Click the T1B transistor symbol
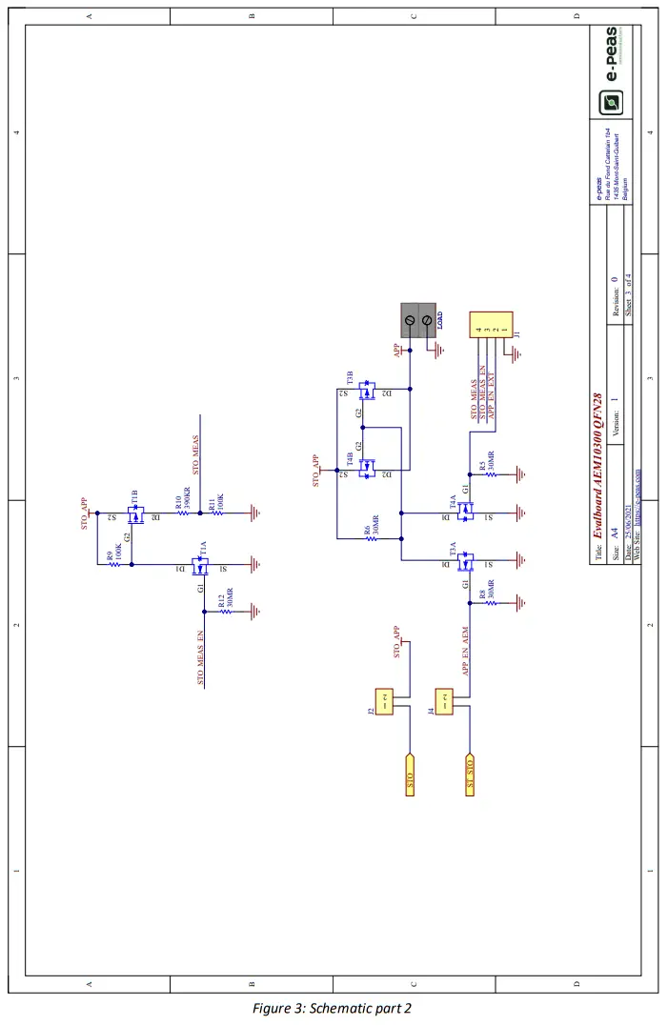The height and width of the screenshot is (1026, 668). (x=136, y=514)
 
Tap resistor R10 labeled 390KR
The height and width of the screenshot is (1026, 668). (x=185, y=513)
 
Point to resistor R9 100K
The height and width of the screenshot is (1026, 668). (x=114, y=564)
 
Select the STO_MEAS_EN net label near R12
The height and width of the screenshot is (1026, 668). (x=201, y=657)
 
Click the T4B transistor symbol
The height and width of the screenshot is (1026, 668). (x=365, y=469)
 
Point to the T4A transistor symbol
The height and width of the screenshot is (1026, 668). (x=466, y=513)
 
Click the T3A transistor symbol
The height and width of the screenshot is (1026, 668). (x=466, y=565)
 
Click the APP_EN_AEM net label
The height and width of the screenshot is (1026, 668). (x=467, y=651)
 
